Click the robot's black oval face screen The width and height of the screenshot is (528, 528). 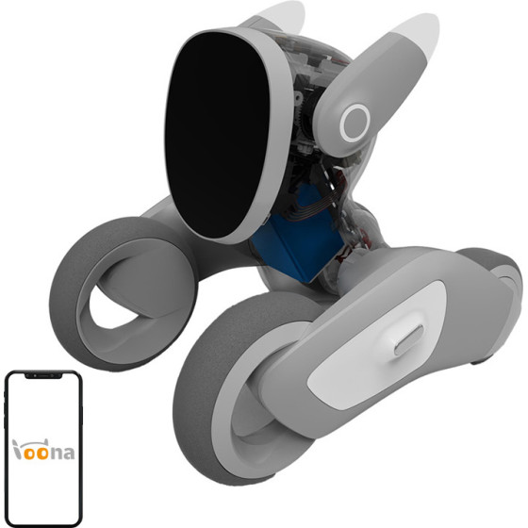pyautogui.click(x=217, y=135)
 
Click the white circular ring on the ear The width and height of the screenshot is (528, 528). pyautogui.click(x=355, y=123)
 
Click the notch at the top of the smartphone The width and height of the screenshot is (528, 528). pyautogui.click(x=43, y=375)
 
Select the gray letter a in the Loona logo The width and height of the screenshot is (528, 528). pyautogui.click(x=68, y=453)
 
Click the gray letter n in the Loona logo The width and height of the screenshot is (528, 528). pyautogui.click(x=56, y=453)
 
